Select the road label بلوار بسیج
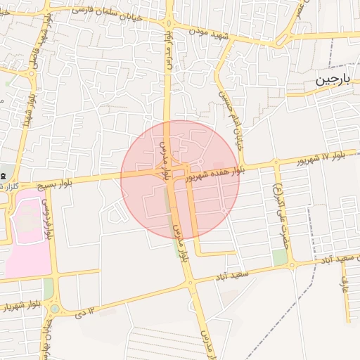coord(73,180)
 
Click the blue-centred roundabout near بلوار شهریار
coord(54,309)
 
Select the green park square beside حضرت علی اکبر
coord(280,257)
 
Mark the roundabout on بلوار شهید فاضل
coord(32,73)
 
